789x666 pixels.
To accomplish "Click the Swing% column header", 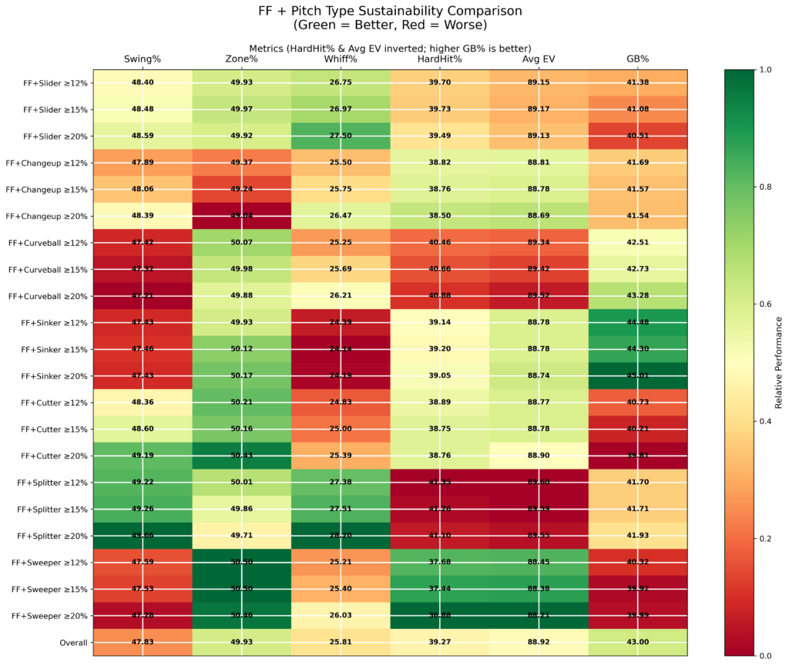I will pyautogui.click(x=142, y=59).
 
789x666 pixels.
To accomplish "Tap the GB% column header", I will pyautogui.click(x=637, y=59).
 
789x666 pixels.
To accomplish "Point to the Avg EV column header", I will pyautogui.click(x=539, y=59).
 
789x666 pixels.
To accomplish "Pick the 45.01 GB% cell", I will pyautogui.click(x=637, y=376).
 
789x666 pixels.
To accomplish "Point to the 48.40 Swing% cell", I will pyautogui.click(x=142, y=82).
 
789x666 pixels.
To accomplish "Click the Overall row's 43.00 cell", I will pyautogui.click(x=637, y=642).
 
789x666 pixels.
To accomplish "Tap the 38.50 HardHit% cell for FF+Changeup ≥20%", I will pyautogui.click(x=439, y=216).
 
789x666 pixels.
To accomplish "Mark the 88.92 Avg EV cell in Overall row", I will pyautogui.click(x=539, y=642).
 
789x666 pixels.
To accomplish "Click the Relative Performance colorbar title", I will pyautogui.click(x=778, y=362).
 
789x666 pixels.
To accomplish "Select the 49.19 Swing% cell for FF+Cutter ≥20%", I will pyautogui.click(x=142, y=456).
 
